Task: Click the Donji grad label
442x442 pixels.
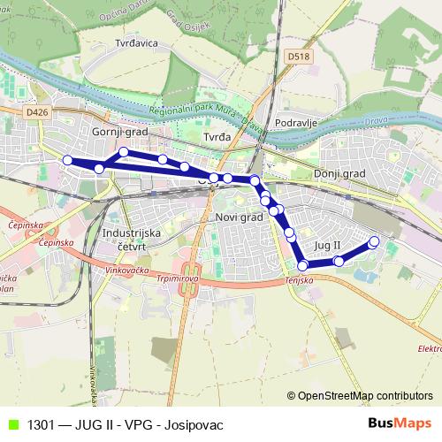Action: click(x=339, y=175)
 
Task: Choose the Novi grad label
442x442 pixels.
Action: click(x=239, y=217)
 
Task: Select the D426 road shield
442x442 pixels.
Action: click(x=36, y=112)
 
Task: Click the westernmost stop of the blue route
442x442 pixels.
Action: click(x=67, y=160)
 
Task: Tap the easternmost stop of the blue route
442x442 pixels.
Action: click(x=373, y=241)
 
